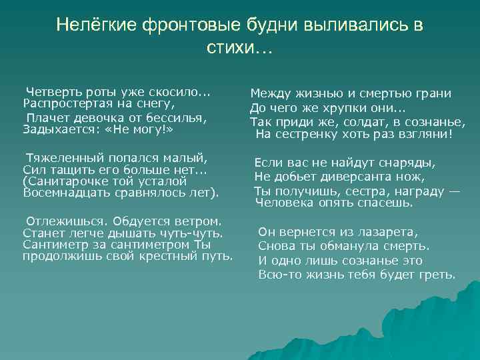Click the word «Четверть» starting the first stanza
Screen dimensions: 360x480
point(51,93)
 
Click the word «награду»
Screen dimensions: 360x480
point(414,191)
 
